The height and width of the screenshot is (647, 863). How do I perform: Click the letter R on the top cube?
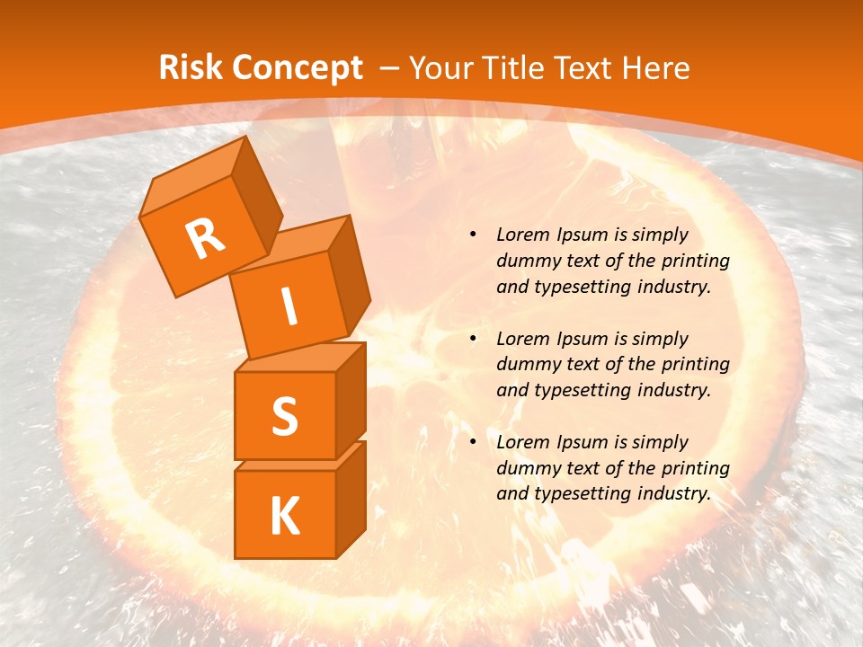(x=205, y=238)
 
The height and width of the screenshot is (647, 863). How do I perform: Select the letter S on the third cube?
(x=284, y=415)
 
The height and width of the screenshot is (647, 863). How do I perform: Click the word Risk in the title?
(x=190, y=68)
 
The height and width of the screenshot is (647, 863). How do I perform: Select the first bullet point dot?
(x=473, y=235)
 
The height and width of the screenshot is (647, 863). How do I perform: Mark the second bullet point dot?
(x=473, y=339)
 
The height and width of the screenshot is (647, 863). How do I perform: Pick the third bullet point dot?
(x=473, y=442)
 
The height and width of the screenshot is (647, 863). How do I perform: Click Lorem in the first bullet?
(x=522, y=235)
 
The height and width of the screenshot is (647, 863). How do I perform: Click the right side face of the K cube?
(x=351, y=499)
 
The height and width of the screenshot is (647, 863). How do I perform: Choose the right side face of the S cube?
(x=351, y=400)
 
